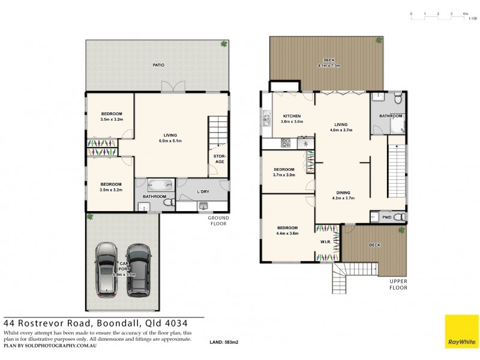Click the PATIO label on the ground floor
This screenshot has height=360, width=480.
pos(158,65)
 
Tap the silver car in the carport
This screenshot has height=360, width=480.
pos(106,269)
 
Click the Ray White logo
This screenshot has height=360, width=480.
pos(461,331)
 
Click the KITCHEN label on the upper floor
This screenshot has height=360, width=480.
pos(292,116)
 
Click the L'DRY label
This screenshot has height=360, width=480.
pos(203,191)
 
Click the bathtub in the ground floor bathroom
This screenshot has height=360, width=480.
pos(160,185)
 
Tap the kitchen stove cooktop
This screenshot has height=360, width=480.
pos(287,143)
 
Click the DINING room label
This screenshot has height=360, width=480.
pos(343,191)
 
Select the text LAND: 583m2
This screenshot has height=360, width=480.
pos(224,342)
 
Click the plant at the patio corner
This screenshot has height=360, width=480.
pos(224,44)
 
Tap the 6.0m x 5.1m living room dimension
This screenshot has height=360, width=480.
pos(170,141)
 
